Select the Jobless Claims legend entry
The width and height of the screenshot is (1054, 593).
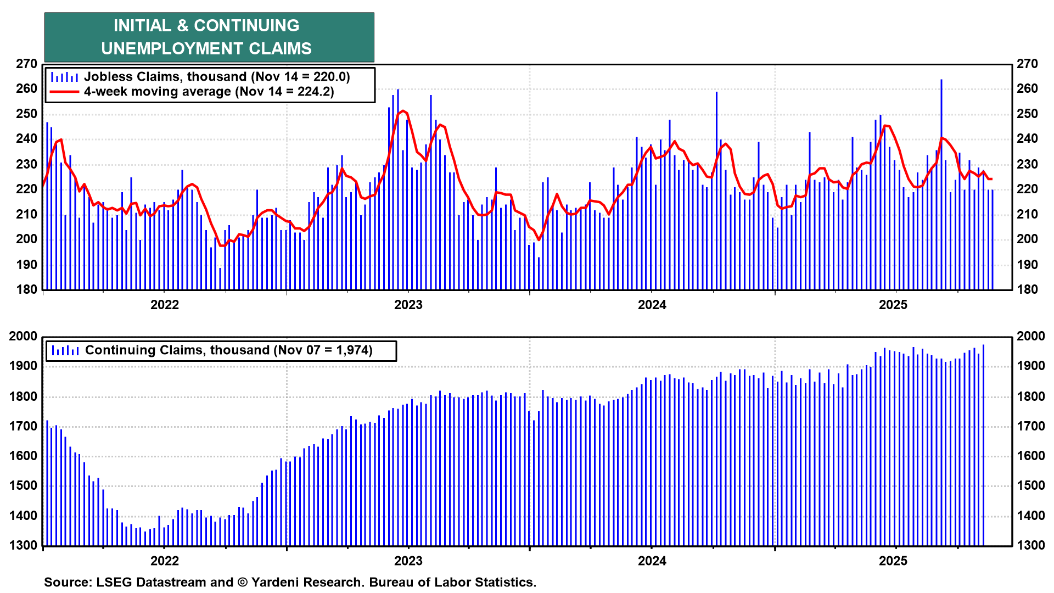pyautogui.click(x=216, y=77)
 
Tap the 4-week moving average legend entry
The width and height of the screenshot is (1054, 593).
pyautogui.click(x=209, y=92)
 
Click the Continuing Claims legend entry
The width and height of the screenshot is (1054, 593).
pyautogui.click(x=228, y=350)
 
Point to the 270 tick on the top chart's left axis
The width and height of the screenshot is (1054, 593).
pyautogui.click(x=26, y=64)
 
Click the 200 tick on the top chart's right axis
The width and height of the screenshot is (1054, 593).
pyautogui.click(x=1027, y=239)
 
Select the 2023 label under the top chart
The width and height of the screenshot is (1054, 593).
pyautogui.click(x=408, y=305)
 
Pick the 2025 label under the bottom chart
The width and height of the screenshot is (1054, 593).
pyautogui.click(x=893, y=561)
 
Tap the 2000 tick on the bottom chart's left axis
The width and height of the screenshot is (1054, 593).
pyautogui.click(x=23, y=336)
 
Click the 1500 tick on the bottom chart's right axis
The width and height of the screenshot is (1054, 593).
pyautogui.click(x=1030, y=485)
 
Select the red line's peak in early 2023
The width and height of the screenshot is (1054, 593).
pyautogui.click(x=403, y=111)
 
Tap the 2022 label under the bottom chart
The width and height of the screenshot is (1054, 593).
pyautogui.click(x=165, y=561)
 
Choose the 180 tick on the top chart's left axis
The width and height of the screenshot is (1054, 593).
pyautogui.click(x=26, y=289)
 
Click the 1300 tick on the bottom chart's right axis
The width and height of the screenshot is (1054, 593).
pyautogui.click(x=1030, y=545)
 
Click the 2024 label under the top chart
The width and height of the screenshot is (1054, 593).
pyautogui.click(x=652, y=305)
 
